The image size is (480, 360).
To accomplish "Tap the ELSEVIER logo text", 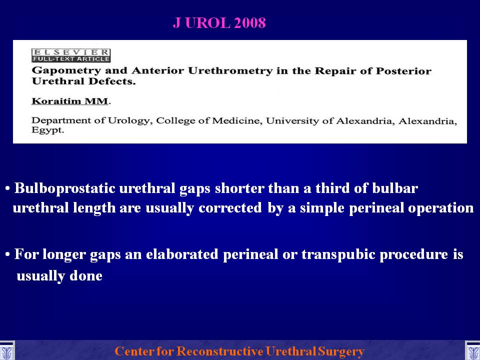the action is tap(70, 52).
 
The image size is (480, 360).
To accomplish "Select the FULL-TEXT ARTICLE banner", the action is tap(70, 59).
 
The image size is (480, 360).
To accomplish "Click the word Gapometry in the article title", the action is tap(66, 71).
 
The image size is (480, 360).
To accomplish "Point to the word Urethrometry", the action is tap(230, 70).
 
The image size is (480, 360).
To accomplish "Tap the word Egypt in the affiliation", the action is tap(48, 130).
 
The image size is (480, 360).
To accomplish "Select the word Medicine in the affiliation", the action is tap(237, 120).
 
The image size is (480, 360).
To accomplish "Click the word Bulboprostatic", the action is tap(64, 188).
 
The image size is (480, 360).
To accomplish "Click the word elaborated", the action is tap(182, 254).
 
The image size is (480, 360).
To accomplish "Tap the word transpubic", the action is tap(338, 254).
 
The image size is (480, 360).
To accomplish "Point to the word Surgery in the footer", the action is tap(340, 351).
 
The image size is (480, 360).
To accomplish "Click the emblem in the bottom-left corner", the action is tap(6, 351).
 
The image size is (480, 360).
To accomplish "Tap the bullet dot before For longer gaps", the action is tap(7, 254).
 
